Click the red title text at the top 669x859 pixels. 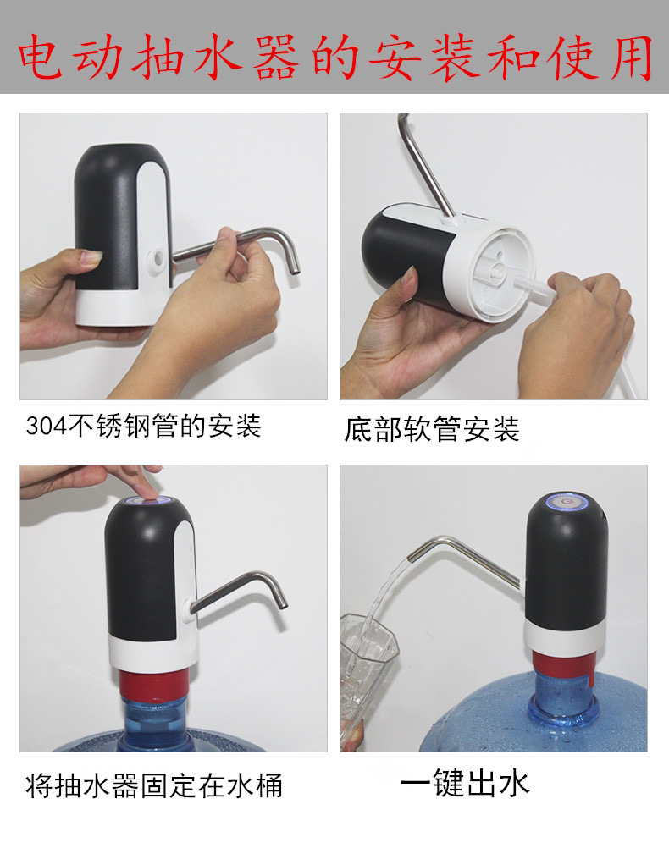(334, 57)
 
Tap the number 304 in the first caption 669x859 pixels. (47, 427)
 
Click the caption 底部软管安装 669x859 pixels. (432, 428)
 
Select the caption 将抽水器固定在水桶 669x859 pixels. (154, 785)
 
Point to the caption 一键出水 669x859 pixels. (464, 783)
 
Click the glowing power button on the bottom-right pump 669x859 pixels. (567, 501)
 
